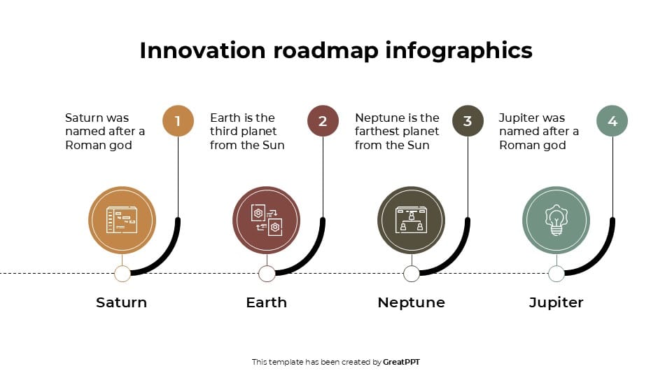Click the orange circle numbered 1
tap(178, 121)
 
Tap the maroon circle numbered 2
tap(323, 121)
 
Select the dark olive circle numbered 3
tap(468, 121)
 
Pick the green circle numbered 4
tap(612, 121)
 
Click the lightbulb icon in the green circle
tap(556, 220)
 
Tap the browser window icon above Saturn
tap(122, 220)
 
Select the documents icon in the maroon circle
tap(267, 220)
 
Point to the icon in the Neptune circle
tap(412, 220)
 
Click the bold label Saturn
tap(122, 302)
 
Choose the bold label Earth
tap(267, 302)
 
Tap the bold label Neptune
tap(412, 302)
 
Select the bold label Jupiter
tap(556, 302)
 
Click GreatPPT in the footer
tap(401, 362)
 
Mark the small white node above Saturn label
tap(122, 273)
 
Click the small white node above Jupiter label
tap(556, 273)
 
